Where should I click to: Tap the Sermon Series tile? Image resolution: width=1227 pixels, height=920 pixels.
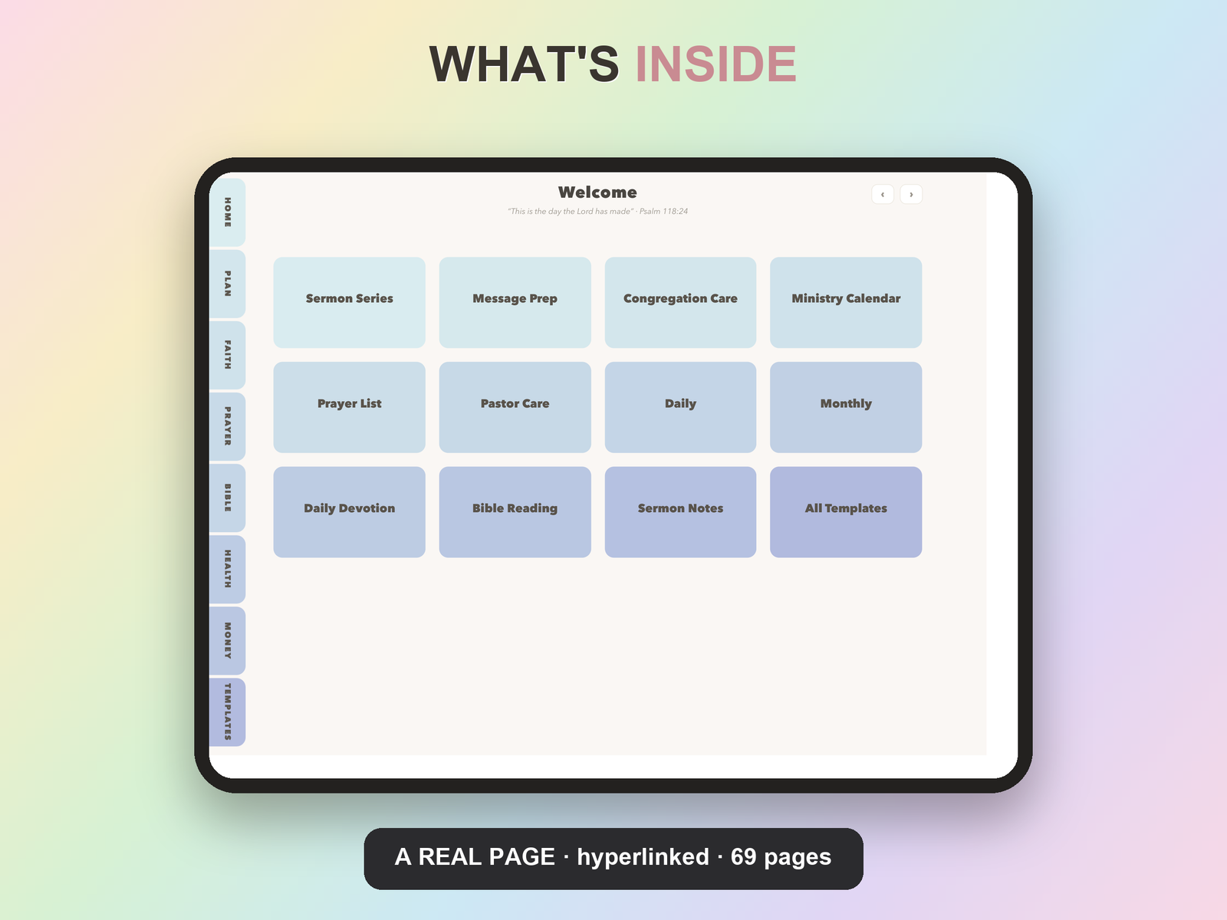point(349,302)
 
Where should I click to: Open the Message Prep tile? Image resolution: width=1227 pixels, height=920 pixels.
point(515,302)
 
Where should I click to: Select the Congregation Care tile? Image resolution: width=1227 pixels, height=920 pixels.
point(680,302)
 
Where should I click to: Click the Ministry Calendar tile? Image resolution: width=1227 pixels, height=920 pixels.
point(846,302)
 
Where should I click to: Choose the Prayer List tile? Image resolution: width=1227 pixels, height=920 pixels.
point(349,407)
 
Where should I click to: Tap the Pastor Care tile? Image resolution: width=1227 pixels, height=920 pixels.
point(515,407)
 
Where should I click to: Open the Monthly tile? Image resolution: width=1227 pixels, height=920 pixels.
point(846,407)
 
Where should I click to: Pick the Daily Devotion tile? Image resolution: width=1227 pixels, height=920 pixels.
point(349,511)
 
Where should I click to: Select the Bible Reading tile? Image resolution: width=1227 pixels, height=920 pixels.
point(515,511)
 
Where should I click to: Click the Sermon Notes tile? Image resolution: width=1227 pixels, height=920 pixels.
point(680,511)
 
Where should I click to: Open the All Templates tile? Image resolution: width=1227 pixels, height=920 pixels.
point(846,511)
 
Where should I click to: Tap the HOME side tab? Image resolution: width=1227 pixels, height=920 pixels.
point(228,212)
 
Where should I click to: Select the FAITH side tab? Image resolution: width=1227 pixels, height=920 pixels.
point(228,355)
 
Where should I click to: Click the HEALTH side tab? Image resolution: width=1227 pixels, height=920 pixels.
point(228,569)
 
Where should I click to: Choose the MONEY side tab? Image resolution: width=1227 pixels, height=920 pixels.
point(228,641)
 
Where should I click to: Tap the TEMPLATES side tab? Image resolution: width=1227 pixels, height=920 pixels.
point(228,712)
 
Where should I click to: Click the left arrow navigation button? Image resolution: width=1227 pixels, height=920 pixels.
point(883,195)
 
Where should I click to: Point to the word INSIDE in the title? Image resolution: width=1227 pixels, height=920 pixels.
point(716,64)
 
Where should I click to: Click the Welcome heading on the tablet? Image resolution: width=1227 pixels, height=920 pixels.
point(597,192)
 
